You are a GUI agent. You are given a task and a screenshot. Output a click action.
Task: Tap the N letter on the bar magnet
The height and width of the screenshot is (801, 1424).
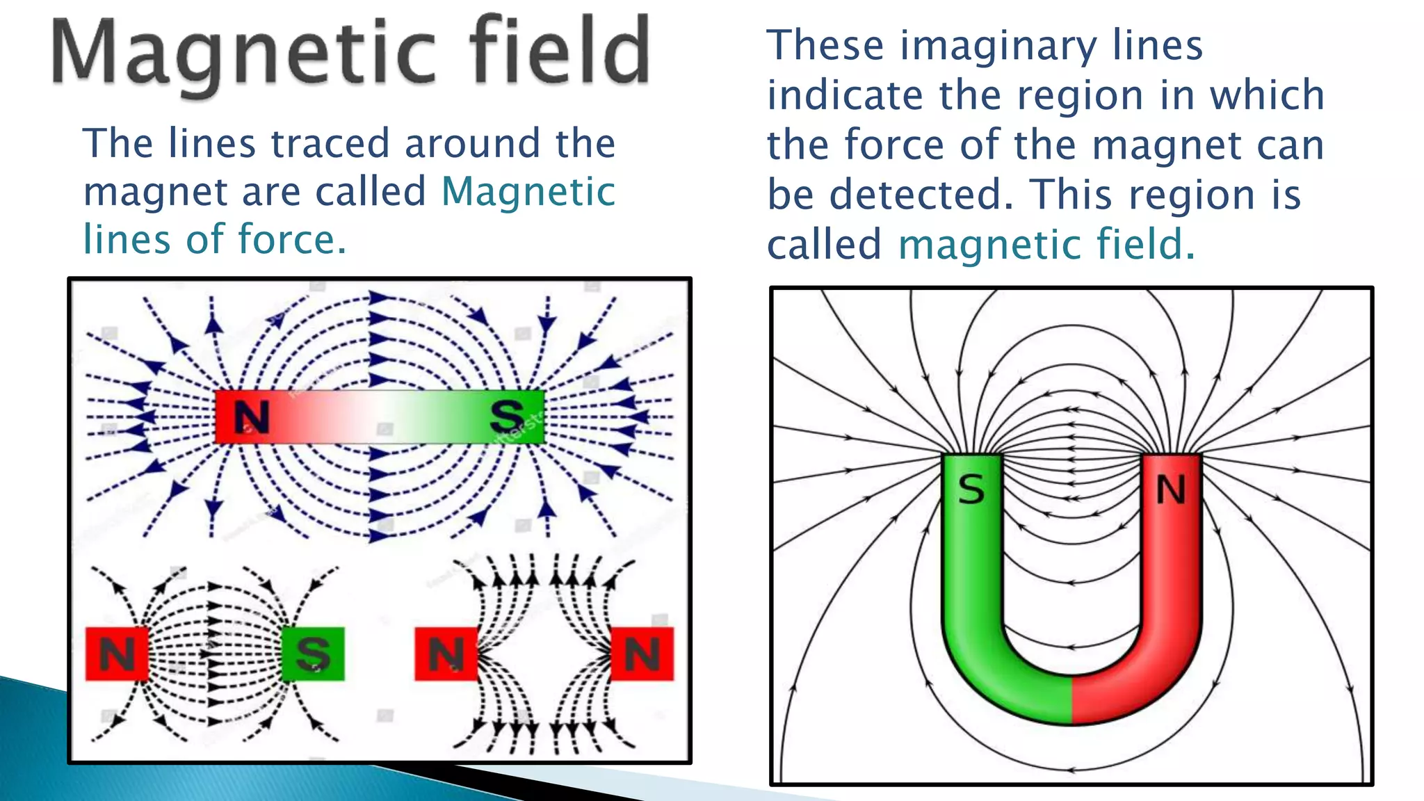click(251, 417)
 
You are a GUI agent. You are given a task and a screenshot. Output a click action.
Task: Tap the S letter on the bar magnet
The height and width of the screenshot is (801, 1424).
click(507, 416)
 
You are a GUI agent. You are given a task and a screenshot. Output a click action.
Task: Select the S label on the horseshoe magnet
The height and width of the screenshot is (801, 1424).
click(971, 489)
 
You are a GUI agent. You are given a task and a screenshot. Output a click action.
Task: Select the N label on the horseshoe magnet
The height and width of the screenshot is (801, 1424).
click(1171, 489)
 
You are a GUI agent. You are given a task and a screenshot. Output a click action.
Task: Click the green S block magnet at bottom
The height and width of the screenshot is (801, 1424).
click(313, 654)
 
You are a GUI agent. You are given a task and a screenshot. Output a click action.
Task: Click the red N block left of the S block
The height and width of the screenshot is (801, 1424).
click(117, 654)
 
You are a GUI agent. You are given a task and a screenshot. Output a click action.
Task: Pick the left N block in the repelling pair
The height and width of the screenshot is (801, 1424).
click(446, 654)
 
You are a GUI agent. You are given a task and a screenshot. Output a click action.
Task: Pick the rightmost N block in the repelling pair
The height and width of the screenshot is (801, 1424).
click(642, 654)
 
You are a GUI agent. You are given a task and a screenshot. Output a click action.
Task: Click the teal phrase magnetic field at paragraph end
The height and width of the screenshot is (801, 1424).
click(1046, 245)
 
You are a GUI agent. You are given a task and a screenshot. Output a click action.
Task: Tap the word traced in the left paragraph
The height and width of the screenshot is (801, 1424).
click(330, 144)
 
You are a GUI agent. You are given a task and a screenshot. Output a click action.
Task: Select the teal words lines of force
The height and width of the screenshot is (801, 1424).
click(214, 240)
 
